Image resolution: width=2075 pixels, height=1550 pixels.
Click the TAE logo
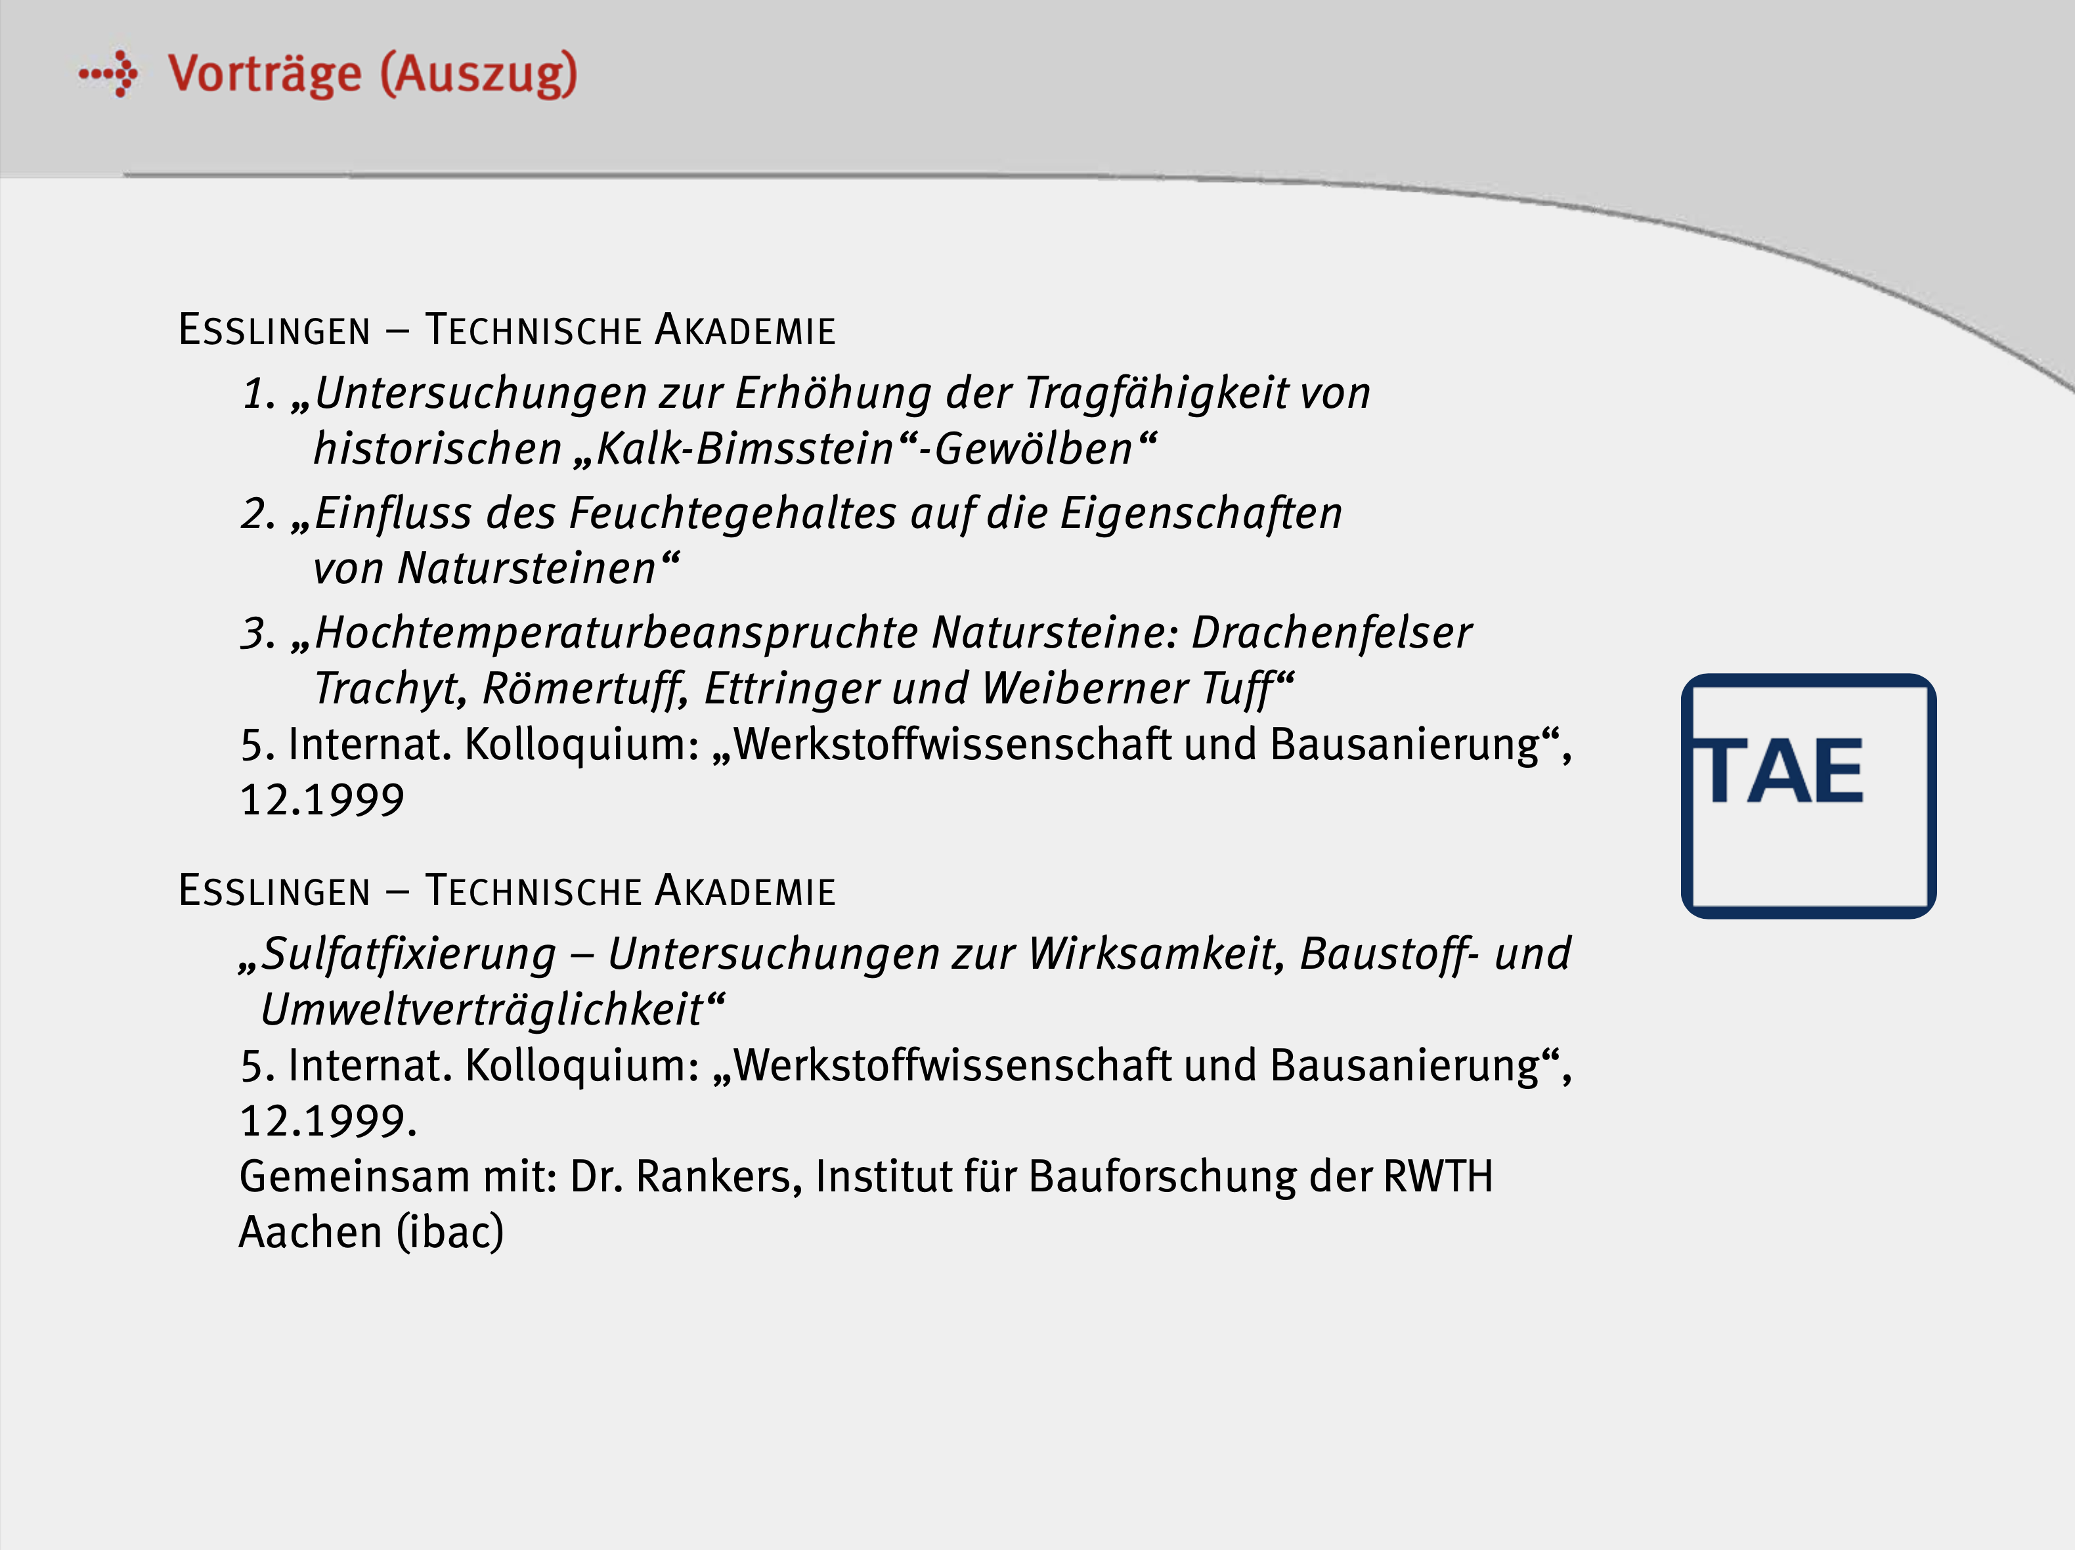pos(1808,795)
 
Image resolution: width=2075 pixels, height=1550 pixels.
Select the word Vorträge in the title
pos(265,74)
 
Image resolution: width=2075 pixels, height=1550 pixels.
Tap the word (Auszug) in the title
pos(479,74)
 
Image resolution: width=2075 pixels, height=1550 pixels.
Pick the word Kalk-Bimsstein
pos(745,449)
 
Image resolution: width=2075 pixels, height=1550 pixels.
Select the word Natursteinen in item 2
pos(526,569)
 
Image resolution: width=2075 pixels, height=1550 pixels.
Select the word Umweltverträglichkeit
pos(482,1009)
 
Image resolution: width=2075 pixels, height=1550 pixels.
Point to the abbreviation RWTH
pos(1438,1176)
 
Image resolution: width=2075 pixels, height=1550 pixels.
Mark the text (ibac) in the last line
pos(450,1232)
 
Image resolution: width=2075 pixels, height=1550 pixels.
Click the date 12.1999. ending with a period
pos(328,1121)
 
